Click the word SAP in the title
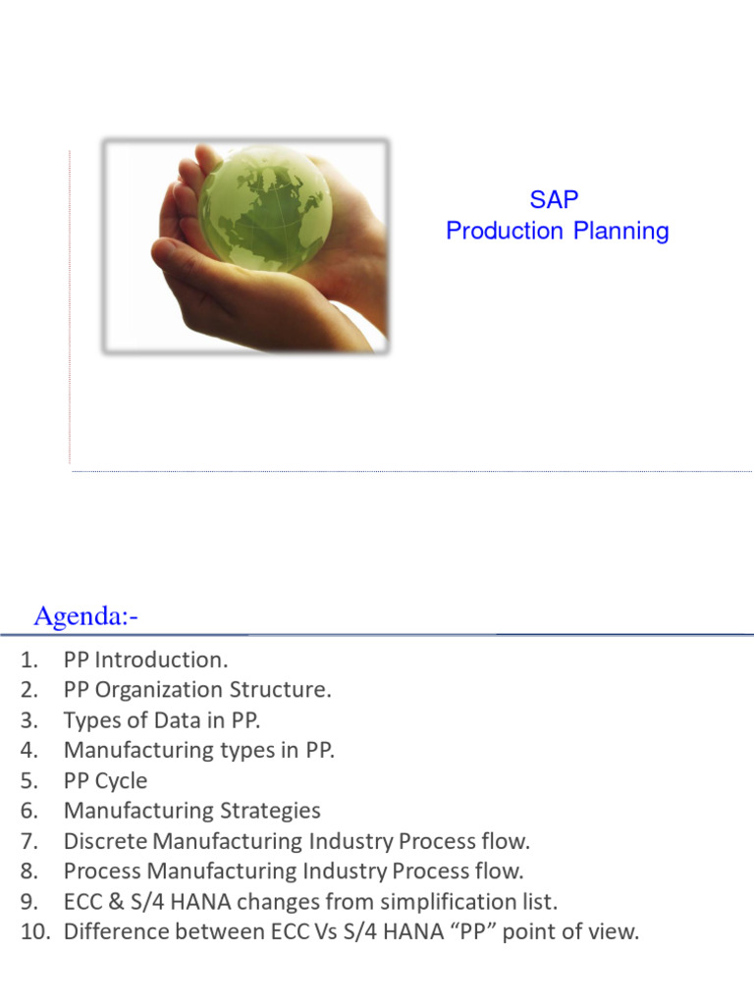(x=555, y=199)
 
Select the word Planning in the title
(x=620, y=232)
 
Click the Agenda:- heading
(x=86, y=616)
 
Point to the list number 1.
(x=27, y=660)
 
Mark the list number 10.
(x=33, y=931)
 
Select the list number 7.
(x=27, y=841)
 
